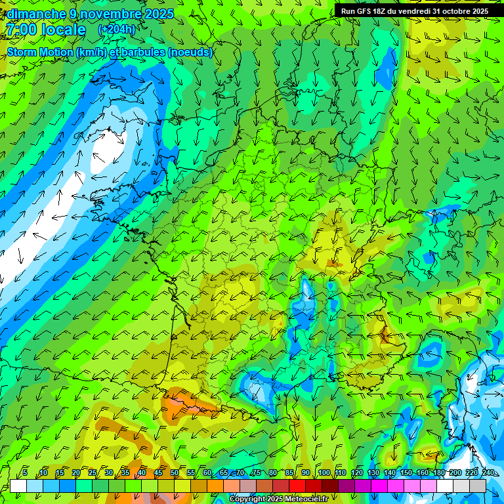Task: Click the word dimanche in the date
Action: coord(37,14)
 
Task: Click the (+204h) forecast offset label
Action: coord(117,30)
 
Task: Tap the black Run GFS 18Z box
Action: coord(414,11)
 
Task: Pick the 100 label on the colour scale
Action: coord(324,472)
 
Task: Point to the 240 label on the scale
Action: coord(488,472)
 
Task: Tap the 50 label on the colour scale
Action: coord(175,472)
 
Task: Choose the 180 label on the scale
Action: coord(438,472)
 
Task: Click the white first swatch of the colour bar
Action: coord(18,486)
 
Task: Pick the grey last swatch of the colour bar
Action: coord(478,486)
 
